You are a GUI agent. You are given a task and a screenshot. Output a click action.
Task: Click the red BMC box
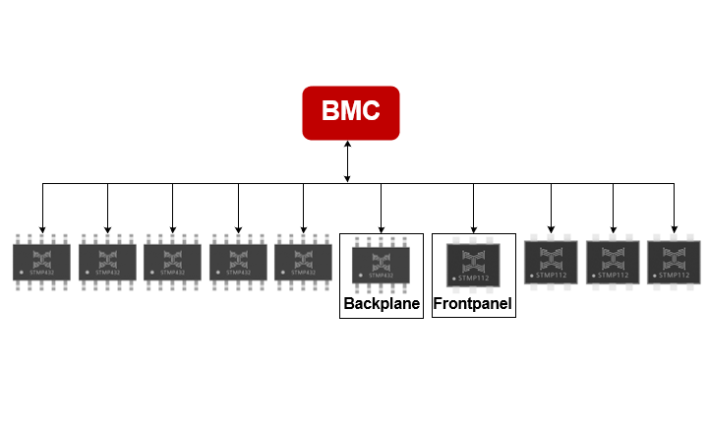pos(350,111)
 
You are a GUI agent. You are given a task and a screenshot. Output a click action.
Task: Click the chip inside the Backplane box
pos(381,264)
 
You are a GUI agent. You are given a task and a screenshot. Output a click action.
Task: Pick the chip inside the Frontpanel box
pos(473,264)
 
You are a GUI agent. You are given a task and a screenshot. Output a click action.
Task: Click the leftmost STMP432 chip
pos(42,262)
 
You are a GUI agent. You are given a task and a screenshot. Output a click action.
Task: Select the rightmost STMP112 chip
pos(674,262)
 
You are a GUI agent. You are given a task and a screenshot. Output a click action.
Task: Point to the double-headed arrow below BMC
pos(347,161)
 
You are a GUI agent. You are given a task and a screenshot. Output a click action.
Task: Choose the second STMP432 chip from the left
pos(107,262)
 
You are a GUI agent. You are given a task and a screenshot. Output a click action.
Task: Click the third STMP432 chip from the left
pos(172,262)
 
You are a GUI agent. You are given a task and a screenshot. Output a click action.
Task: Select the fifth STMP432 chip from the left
pos(303,262)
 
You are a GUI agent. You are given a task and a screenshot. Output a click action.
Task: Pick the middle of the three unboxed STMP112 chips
pos(613,262)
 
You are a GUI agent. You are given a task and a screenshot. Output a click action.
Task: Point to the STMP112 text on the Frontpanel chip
pos(475,278)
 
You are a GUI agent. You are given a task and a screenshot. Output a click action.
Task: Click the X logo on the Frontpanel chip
pos(473,261)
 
